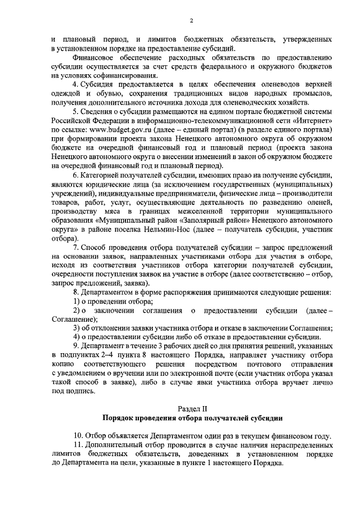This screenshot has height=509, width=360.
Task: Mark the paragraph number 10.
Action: coord(78,436)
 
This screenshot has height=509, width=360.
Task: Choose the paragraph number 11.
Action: coord(78,445)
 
